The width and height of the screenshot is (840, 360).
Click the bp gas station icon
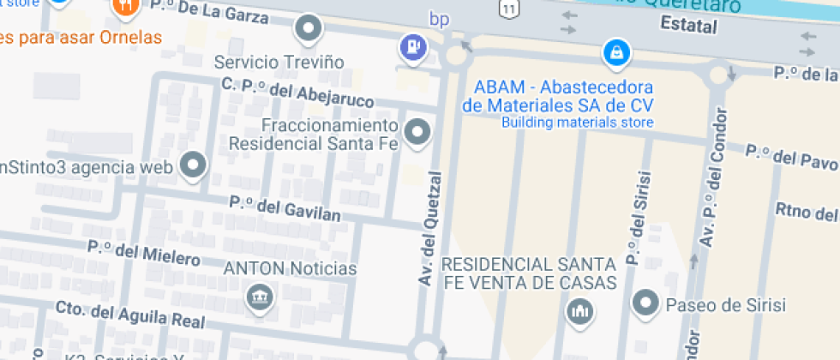(413, 48)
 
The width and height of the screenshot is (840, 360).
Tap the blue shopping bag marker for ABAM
(615, 53)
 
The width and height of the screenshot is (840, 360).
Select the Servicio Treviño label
(279, 63)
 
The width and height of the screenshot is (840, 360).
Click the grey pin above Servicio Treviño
(309, 30)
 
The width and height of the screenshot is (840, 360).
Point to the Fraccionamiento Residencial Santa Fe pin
(417, 132)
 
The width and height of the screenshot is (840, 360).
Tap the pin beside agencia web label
(194, 165)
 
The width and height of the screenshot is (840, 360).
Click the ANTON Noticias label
(290, 268)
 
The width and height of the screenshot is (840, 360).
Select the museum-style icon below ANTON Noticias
(256, 297)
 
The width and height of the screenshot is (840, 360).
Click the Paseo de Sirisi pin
(645, 303)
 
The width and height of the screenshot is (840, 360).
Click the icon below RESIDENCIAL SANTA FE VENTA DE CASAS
(580, 310)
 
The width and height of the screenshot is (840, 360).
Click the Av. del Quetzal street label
(430, 228)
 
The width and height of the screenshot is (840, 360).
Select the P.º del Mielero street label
(143, 253)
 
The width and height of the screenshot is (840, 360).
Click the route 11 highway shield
(509, 9)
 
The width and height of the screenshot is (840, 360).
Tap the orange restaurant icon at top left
(126, 7)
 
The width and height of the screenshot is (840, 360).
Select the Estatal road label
(688, 27)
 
